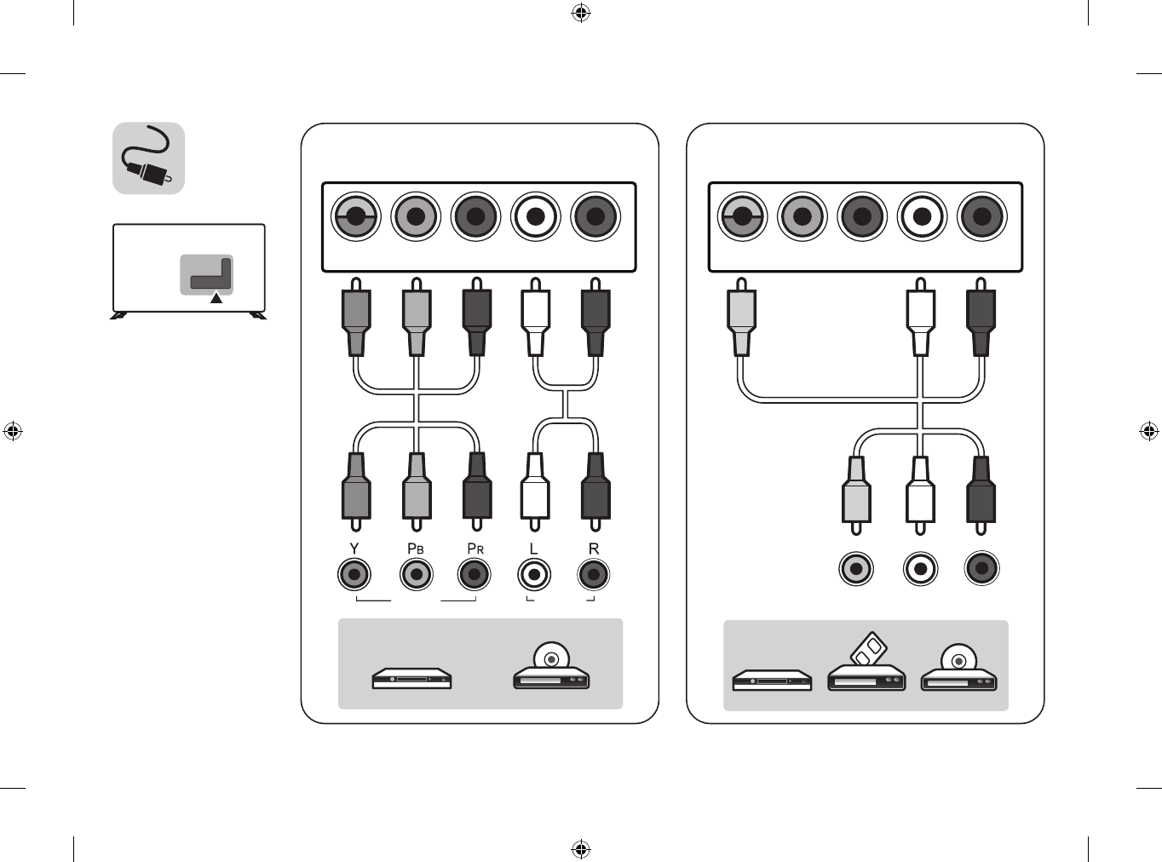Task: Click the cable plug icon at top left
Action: (149, 158)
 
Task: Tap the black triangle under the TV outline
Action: (216, 298)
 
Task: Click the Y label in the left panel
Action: (354, 549)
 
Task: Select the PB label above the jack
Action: (415, 549)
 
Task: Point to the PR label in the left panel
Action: (475, 549)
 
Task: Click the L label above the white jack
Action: (534, 549)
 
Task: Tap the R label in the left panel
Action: (594, 549)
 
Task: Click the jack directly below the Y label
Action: (354, 575)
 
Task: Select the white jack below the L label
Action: (534, 575)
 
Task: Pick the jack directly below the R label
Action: (594, 575)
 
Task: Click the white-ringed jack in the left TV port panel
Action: (535, 216)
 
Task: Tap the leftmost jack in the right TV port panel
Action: (742, 216)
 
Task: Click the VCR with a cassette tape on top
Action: (866, 669)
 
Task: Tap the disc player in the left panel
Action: (551, 669)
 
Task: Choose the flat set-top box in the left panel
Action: (411, 679)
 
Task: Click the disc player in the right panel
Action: (958, 670)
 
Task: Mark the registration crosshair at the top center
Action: (581, 13)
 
